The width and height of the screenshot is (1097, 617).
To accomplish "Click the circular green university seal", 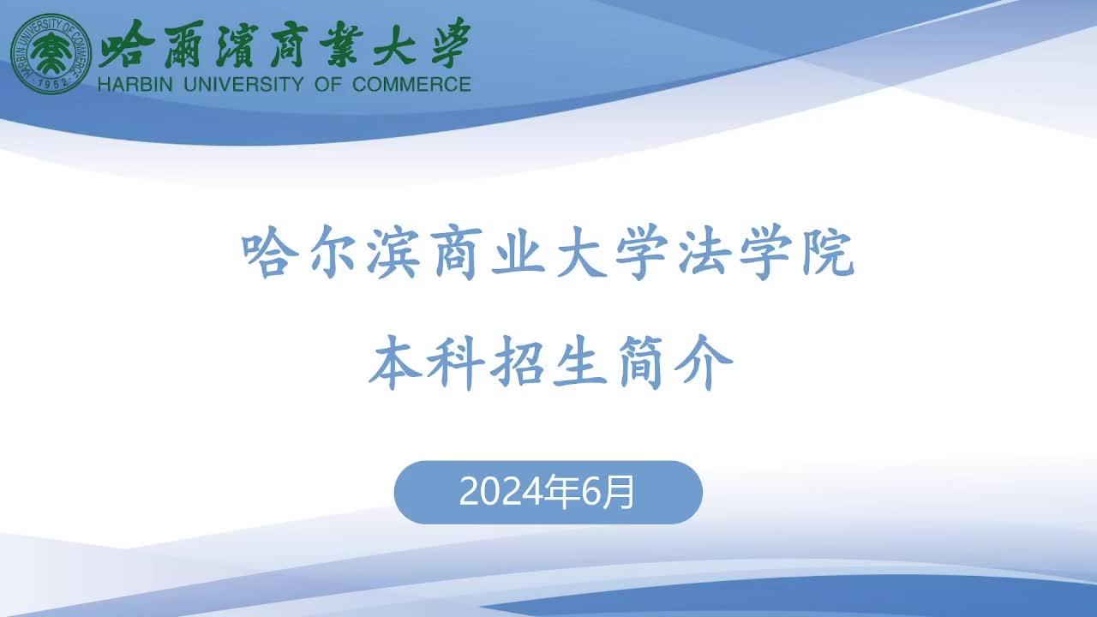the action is (x=51, y=53).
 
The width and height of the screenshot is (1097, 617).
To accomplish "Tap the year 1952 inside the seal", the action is (x=52, y=83).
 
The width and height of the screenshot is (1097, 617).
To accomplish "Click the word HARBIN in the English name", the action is (x=135, y=84).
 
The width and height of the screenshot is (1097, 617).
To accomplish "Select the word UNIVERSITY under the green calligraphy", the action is (x=244, y=84).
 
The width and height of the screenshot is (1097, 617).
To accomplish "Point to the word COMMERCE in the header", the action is (x=411, y=84).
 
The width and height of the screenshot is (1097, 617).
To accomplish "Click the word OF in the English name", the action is (x=327, y=84).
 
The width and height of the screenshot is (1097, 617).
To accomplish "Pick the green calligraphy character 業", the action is (x=342, y=44).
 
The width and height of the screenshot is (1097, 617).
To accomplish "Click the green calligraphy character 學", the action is (x=451, y=43).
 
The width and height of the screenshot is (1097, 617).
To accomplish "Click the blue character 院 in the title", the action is (x=828, y=255).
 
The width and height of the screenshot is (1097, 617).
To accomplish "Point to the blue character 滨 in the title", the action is (x=394, y=255).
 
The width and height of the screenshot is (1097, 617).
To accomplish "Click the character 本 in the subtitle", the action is (x=395, y=362).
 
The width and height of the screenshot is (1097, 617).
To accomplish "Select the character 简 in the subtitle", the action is (x=641, y=362).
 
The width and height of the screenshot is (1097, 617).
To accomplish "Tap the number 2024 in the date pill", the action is (x=501, y=492).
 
